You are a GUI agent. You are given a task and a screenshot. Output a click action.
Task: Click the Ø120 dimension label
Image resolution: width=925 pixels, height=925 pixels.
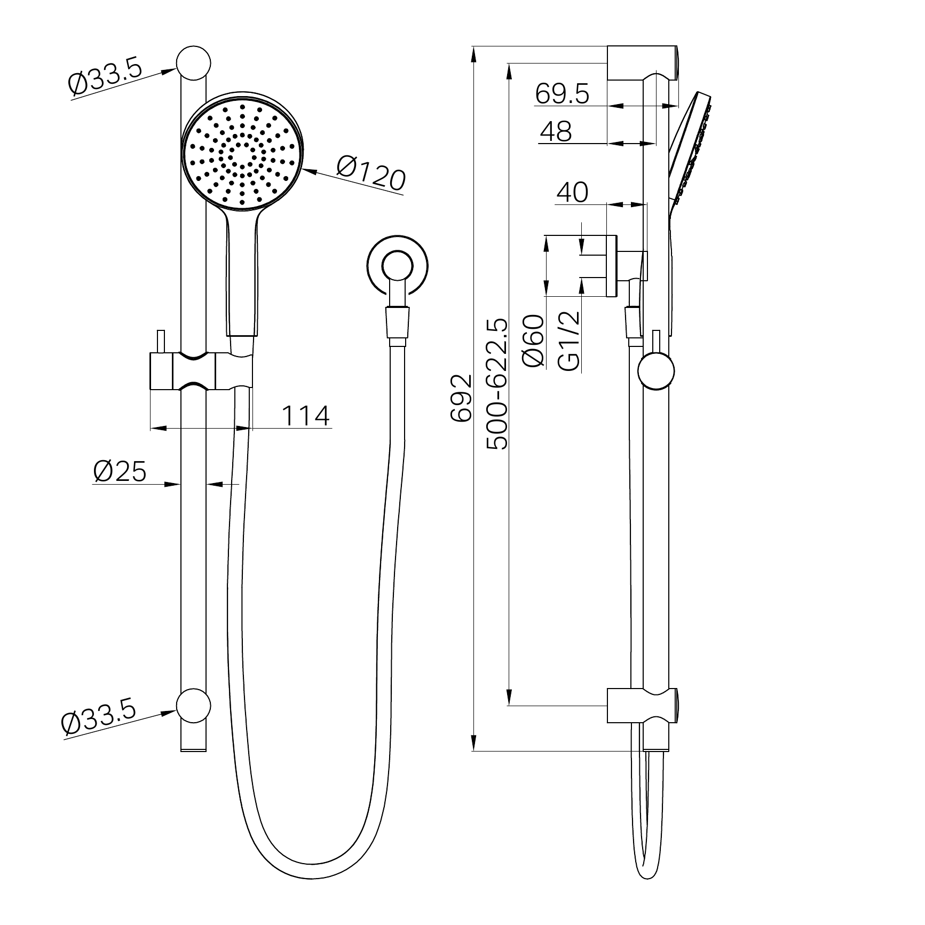point(370,173)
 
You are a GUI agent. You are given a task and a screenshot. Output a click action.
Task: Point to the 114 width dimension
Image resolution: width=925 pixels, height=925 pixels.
point(305,416)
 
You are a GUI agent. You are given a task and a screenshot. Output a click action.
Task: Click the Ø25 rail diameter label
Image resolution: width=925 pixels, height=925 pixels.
point(120,472)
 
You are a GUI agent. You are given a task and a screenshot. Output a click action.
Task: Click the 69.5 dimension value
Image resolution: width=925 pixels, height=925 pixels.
point(562,94)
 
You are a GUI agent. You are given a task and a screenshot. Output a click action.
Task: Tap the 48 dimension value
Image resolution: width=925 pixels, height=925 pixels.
point(555,131)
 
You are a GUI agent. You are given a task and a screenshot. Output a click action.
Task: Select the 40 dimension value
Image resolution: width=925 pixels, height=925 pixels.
point(572,192)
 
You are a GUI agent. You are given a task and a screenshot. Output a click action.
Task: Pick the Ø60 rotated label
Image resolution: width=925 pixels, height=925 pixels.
point(534,341)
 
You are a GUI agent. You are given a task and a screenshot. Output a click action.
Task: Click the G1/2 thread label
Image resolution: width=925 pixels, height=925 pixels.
point(569,341)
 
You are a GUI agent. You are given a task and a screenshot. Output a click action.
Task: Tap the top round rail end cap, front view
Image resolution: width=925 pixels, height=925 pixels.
point(194,63)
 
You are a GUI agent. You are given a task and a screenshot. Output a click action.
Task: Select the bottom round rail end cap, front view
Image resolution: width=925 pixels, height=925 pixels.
point(194,705)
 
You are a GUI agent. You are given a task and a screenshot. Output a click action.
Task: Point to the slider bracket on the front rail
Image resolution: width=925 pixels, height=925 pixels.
point(200,371)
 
